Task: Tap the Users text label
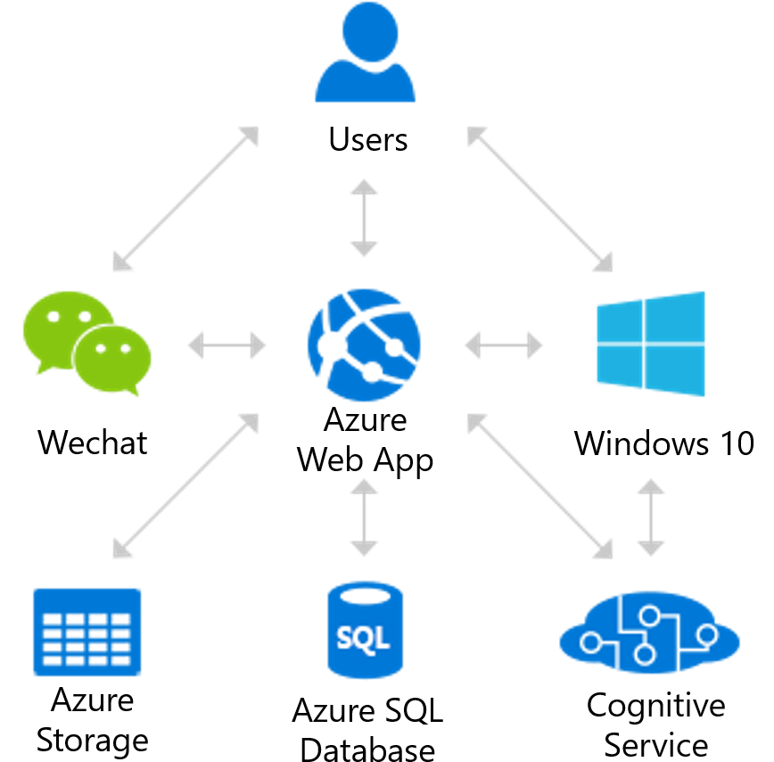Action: tap(367, 140)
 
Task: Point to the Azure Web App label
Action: tap(365, 438)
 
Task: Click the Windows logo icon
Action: tap(651, 344)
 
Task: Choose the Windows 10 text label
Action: tap(663, 443)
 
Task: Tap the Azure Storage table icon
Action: tap(86, 631)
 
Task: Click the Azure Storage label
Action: tap(92, 718)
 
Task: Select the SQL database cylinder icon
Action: tap(364, 631)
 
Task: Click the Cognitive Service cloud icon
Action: tap(649, 635)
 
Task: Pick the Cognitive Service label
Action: tap(655, 722)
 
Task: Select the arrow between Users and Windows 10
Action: tap(540, 198)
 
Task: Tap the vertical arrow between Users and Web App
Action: tap(364, 218)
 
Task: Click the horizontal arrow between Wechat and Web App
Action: tap(227, 344)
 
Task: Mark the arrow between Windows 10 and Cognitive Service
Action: tap(651, 517)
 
